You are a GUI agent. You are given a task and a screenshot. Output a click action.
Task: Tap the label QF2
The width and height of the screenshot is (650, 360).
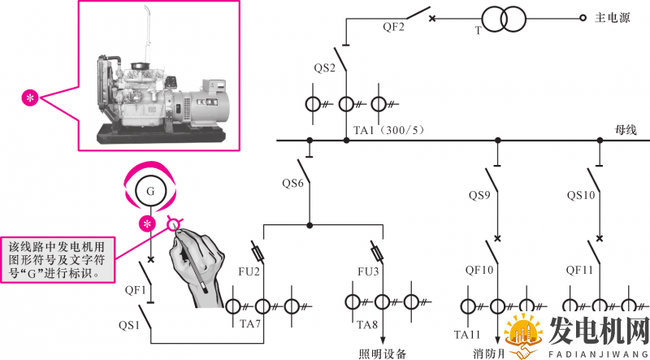click(x=394, y=27)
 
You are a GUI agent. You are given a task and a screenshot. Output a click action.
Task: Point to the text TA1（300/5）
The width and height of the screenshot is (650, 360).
click(x=389, y=130)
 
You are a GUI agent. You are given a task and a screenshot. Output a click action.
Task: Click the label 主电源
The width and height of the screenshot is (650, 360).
click(x=613, y=17)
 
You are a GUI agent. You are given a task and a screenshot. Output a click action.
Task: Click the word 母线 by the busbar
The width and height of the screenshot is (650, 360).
click(x=626, y=129)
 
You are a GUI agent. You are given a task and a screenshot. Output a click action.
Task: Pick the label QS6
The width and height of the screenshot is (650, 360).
click(x=293, y=183)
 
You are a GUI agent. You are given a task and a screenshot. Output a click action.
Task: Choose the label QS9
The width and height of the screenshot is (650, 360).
click(x=479, y=195)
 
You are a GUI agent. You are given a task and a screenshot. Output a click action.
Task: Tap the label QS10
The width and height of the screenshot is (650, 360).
click(x=581, y=195)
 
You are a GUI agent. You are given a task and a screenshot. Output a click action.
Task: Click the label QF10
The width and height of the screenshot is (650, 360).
click(x=479, y=270)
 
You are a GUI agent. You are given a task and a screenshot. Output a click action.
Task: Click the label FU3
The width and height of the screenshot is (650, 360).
click(x=368, y=270)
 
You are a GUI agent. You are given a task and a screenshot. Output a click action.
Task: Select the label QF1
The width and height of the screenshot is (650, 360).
click(x=135, y=288)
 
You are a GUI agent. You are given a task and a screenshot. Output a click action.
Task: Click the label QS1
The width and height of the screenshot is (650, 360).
click(x=129, y=325)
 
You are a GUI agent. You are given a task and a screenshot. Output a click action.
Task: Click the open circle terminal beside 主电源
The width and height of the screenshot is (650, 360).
click(x=583, y=18)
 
